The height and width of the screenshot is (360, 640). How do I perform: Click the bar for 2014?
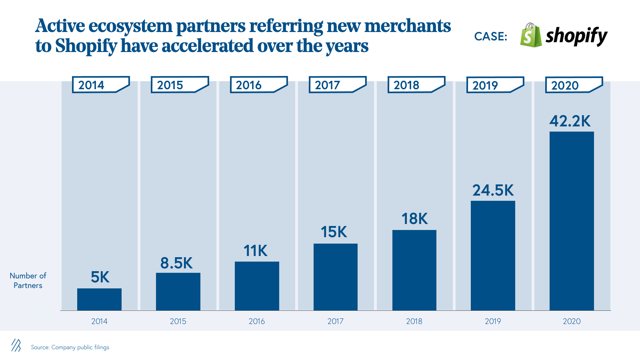[99, 299]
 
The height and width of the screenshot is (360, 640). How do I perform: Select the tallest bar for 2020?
[572, 221]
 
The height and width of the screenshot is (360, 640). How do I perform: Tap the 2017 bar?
[335, 277]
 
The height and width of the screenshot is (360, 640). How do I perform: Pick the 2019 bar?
[493, 255]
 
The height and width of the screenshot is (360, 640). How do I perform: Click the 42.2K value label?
[570, 121]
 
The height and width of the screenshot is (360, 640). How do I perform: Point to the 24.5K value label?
[493, 190]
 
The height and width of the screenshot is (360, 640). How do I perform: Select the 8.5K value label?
[176, 263]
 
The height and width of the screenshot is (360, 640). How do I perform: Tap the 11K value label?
[256, 251]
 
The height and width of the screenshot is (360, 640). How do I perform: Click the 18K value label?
[414, 219]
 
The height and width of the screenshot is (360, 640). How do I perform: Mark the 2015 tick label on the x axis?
[178, 321]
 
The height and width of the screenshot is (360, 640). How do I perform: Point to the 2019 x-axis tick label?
[493, 321]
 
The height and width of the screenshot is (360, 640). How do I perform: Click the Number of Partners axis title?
[28, 280]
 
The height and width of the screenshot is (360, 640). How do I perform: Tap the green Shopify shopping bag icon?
[531, 35]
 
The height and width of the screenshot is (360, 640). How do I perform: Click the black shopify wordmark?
[576, 36]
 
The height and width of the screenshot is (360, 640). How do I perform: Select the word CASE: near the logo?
[490, 36]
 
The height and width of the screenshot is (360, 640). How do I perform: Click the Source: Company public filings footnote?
[70, 347]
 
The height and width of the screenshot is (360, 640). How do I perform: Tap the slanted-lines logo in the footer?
[16, 345]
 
